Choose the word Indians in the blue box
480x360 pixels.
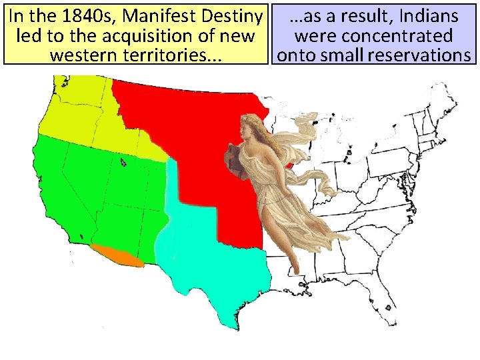coord(430,15)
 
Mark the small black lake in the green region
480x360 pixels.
coord(123,161)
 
